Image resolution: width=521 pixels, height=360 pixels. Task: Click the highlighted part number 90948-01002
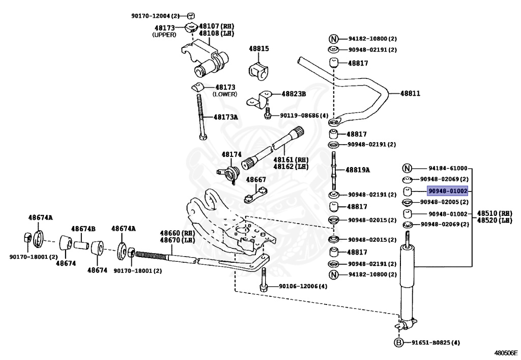447,191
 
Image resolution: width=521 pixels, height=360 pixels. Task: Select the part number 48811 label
410,94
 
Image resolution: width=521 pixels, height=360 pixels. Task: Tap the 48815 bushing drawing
258,71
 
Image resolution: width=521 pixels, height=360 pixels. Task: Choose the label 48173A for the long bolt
226,117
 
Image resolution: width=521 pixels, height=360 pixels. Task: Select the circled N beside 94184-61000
407,169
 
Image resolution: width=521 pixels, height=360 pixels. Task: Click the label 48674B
83,229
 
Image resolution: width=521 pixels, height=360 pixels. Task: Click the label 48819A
358,170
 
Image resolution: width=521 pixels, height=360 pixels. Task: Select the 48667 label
256,180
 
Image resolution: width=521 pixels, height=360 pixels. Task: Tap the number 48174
230,154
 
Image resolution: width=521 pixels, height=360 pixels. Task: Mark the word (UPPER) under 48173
164,35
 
